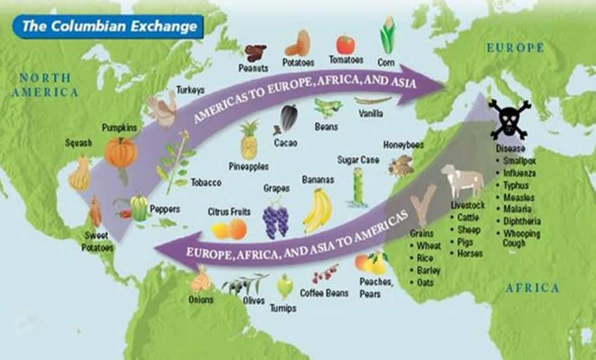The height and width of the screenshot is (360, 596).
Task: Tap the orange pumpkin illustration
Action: (121, 152)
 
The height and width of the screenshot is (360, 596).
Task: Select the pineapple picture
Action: (249, 140)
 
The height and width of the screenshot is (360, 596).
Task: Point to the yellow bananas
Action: (318, 210)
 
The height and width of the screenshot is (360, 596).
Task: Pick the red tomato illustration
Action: (345, 45)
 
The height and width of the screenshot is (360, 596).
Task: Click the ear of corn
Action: (388, 36)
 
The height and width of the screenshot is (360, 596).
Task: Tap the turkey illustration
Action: (162, 109)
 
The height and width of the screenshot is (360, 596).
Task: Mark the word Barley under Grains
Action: (429, 271)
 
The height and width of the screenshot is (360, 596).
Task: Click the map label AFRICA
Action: (532, 288)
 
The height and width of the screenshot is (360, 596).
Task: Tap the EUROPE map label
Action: (515, 48)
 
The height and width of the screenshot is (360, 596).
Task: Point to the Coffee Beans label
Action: (324, 292)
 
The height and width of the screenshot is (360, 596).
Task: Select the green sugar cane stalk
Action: (358, 188)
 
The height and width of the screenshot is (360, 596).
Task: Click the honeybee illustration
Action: (401, 165)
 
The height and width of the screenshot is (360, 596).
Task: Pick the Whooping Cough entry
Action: (522, 238)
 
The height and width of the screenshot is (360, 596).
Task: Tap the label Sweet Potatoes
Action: (99, 242)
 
